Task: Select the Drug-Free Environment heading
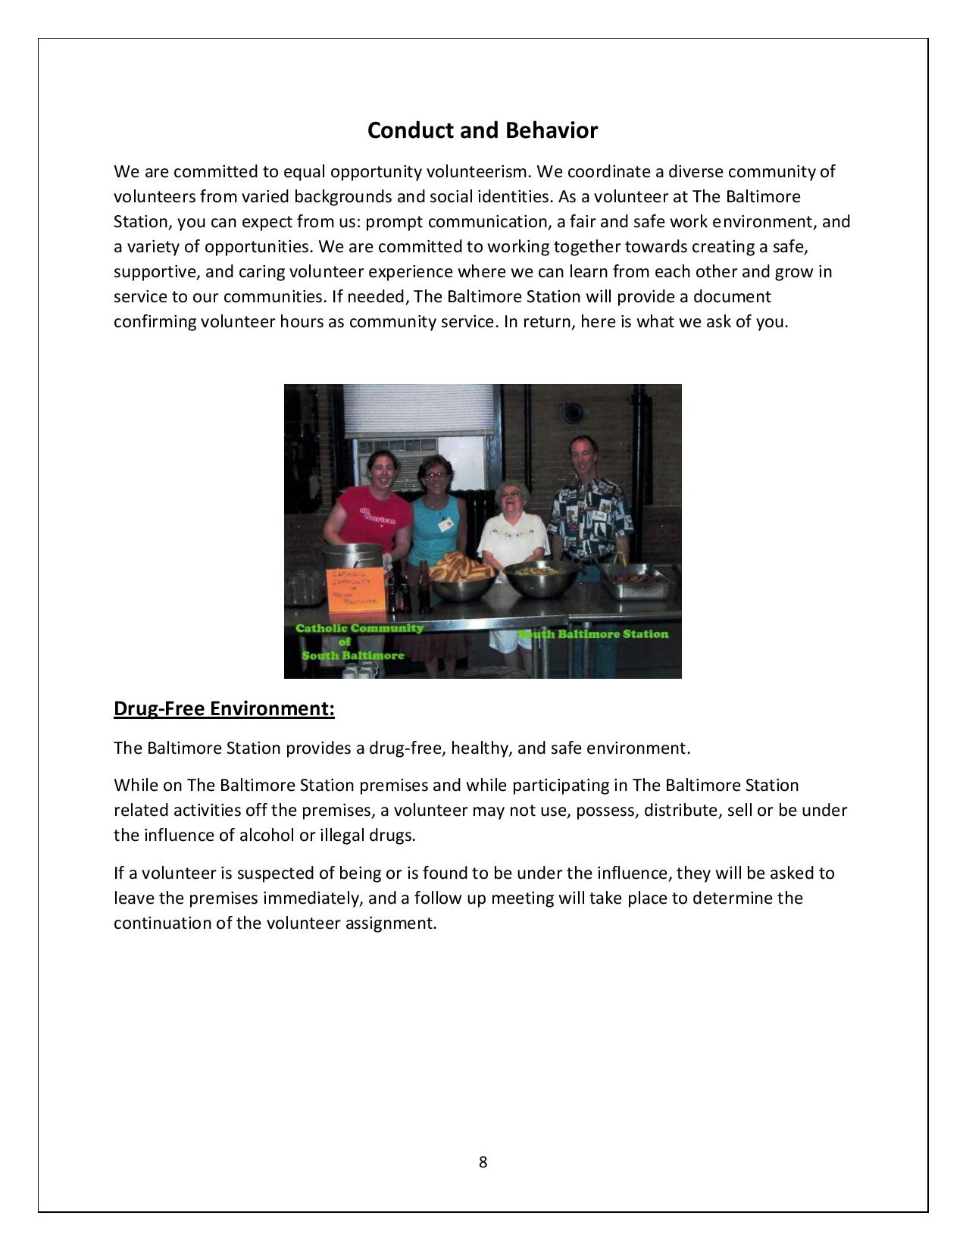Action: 224,708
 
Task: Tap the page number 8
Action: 483,1162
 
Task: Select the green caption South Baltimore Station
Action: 596,634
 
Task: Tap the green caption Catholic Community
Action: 359,628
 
